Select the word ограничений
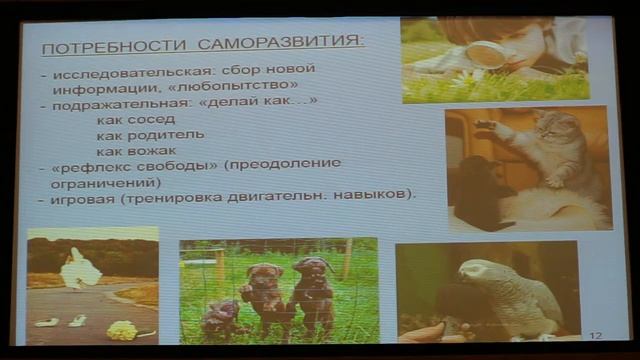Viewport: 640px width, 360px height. coord(95,182)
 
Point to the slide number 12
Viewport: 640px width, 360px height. coord(596,336)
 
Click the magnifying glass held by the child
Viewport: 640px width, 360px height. coord(486,53)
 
